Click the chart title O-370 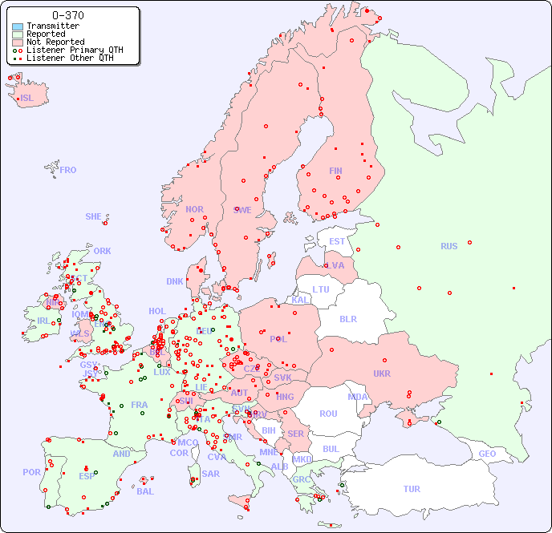pyautogui.click(x=67, y=15)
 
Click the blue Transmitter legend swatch pyautogui.click(x=18, y=26)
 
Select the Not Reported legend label pyautogui.click(x=55, y=42)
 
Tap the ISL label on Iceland pyautogui.click(x=26, y=99)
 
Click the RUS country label pyautogui.click(x=448, y=246)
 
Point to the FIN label pyautogui.click(x=335, y=171)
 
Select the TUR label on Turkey pyautogui.click(x=412, y=489)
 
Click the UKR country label pyautogui.click(x=381, y=374)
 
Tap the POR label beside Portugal pyautogui.click(x=31, y=472)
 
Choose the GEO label pyautogui.click(x=487, y=454)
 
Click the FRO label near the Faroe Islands pyautogui.click(x=68, y=170)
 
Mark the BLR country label pyautogui.click(x=347, y=318)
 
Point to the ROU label pyautogui.click(x=328, y=414)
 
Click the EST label pyautogui.click(x=337, y=241)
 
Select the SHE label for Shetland pyautogui.click(x=93, y=216)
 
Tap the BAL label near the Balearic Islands pyautogui.click(x=144, y=491)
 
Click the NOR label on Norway pyautogui.click(x=194, y=209)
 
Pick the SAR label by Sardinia pyautogui.click(x=210, y=474)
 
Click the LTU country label pyautogui.click(x=321, y=289)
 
